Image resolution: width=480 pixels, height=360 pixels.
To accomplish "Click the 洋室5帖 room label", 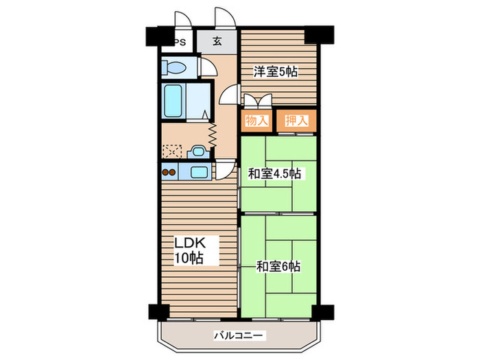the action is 275,71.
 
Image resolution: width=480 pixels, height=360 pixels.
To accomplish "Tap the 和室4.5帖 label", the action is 274,174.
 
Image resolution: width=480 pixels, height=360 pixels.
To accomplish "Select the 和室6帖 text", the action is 278,266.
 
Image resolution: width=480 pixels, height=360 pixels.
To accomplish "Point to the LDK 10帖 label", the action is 189,250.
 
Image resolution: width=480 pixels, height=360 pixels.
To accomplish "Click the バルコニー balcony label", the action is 238,336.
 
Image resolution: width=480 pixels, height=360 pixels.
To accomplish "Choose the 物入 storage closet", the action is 256,121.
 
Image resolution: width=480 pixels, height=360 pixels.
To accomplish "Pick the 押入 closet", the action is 296,121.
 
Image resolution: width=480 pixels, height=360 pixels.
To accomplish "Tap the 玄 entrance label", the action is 217,41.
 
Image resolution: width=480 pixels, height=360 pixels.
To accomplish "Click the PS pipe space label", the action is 180,43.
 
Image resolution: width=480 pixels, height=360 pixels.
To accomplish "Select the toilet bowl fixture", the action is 173,68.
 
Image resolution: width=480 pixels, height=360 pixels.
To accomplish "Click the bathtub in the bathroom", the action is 173,101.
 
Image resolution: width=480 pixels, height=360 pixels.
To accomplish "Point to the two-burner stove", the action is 169,172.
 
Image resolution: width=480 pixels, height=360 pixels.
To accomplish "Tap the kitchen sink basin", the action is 199,171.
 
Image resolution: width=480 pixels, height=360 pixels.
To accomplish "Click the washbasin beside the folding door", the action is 198,152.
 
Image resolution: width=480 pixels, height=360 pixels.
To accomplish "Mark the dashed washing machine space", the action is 172,152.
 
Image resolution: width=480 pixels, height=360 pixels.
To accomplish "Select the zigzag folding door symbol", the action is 213,134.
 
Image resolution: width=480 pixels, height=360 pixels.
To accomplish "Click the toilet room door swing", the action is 208,67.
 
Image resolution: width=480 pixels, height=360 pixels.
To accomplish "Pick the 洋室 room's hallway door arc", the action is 228,95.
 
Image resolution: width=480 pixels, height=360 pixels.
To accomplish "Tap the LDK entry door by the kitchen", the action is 225,169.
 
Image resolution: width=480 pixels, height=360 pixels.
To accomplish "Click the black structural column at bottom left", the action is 159,312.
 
